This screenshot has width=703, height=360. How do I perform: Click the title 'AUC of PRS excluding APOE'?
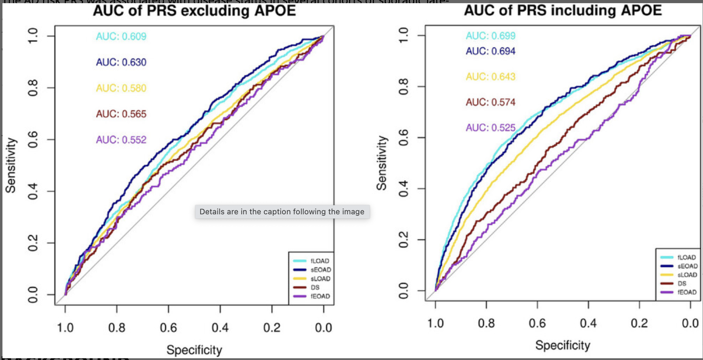coord(194,11)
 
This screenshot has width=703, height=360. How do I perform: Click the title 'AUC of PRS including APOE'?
coord(563,10)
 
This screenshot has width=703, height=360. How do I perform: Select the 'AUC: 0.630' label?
coord(121,62)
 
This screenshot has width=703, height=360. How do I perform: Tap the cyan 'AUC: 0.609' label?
coord(121,36)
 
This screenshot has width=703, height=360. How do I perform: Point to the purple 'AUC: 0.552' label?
coord(121,140)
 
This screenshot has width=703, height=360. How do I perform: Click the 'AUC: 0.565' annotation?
coord(121,114)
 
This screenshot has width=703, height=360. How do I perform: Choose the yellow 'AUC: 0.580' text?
coord(121,88)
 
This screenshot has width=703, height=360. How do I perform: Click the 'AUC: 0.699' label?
coord(490,36)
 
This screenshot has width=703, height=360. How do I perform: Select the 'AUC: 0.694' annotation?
coord(490,51)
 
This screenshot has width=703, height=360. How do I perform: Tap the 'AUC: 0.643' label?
coord(490,77)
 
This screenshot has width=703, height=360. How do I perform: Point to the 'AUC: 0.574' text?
coord(490,102)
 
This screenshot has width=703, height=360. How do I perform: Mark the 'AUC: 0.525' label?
coord(490,128)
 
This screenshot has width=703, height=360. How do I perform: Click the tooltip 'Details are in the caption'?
coord(282,212)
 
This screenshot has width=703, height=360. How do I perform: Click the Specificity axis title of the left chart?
coord(194,350)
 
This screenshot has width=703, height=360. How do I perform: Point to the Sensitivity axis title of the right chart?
coord(382,163)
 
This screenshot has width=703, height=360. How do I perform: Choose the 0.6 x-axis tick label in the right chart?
coord(537,323)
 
